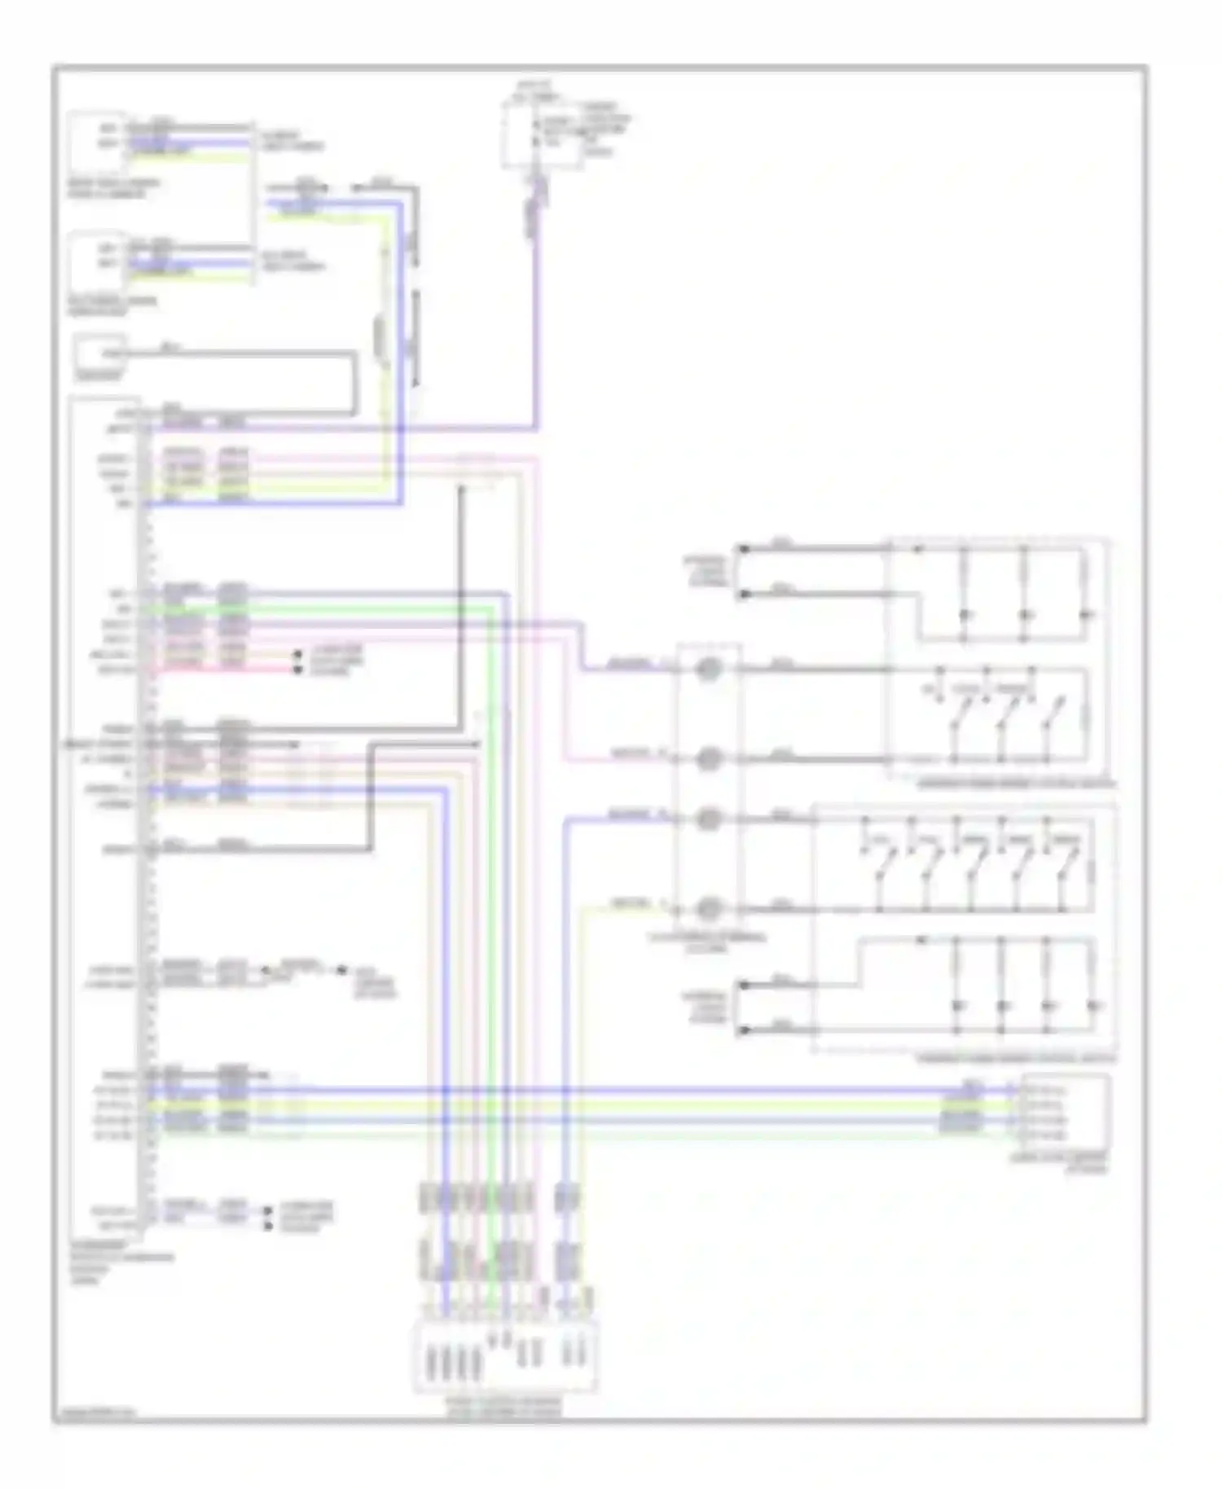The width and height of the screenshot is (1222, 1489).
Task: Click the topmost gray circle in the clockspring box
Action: pyautogui.click(x=709, y=670)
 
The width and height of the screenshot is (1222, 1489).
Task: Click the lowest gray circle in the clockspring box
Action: pyautogui.click(x=709, y=907)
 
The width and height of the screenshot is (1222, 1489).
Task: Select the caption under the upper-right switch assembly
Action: pyautogui.click(x=1015, y=785)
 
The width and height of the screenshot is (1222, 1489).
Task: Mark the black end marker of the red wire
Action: pyautogui.click(x=297, y=670)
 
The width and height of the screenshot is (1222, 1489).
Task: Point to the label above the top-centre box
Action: pyautogui.click(x=534, y=90)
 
